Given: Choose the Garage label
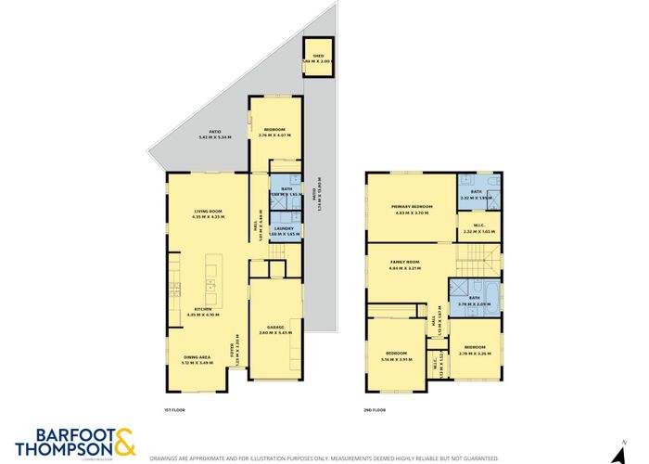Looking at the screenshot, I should tap(275, 329).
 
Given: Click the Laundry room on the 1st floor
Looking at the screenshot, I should tap(284, 231).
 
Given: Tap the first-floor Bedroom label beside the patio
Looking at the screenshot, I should tap(274, 132).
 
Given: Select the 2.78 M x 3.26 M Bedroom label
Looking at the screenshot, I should tap(475, 349).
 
